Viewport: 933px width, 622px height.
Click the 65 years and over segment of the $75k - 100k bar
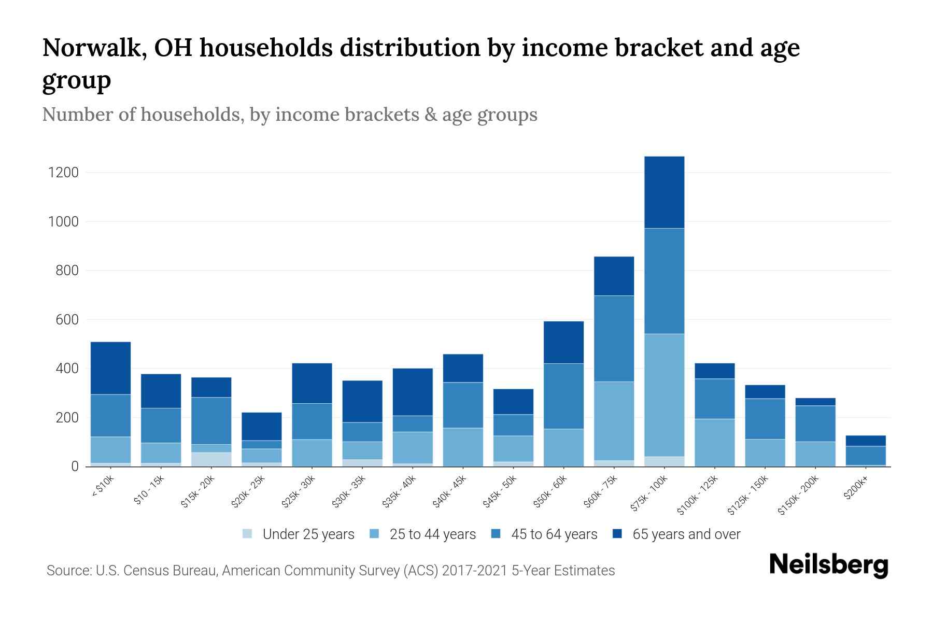coord(664,192)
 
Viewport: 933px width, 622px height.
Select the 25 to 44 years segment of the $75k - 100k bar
coord(664,395)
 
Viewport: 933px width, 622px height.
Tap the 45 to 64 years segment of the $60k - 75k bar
coord(614,338)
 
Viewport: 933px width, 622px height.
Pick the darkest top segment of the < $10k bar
coord(110,368)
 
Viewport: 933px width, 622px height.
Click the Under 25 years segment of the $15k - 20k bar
coord(211,459)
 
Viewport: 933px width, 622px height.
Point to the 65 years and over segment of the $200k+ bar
coord(866,441)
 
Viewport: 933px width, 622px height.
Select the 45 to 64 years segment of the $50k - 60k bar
coord(563,396)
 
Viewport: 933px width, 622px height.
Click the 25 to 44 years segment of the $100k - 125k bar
coord(714,443)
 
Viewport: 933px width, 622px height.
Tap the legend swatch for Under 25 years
coord(248,534)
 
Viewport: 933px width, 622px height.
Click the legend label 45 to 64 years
coord(554,534)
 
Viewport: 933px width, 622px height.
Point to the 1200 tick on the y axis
coord(63,173)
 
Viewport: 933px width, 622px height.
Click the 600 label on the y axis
coord(67,320)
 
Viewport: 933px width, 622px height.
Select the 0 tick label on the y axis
coord(75,466)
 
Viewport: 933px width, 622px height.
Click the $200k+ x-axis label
coord(856,489)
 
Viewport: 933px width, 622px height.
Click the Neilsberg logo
coord(828,565)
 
